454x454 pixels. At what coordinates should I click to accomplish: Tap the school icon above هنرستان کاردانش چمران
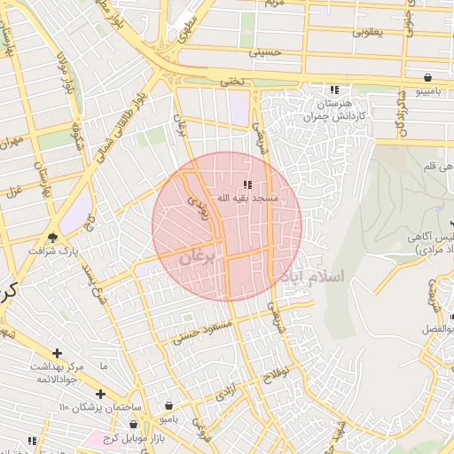[x=334, y=90]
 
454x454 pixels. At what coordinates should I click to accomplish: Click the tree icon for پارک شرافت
[x=53, y=237]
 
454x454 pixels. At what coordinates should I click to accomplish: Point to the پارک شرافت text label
[x=53, y=250]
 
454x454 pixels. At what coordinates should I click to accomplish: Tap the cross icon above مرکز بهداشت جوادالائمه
[x=58, y=354]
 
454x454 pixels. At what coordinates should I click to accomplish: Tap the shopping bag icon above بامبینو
[x=428, y=77]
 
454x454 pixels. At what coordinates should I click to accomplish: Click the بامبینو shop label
[x=428, y=90]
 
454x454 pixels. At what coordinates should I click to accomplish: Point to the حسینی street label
[x=263, y=52]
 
